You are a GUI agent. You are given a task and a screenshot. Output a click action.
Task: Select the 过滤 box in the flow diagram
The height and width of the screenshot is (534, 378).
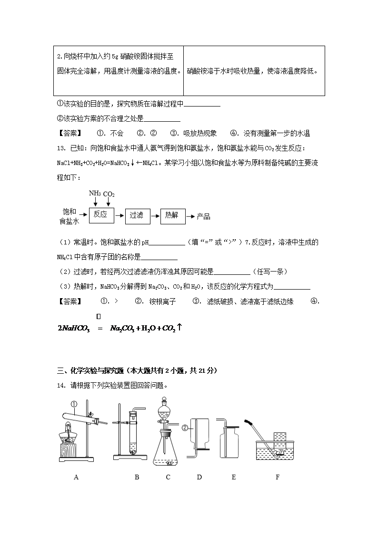coord(138,215)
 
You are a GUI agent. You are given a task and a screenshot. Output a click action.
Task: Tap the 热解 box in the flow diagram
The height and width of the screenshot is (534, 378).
coord(173,215)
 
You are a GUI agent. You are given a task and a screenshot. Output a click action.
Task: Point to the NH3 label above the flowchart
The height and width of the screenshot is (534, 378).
coord(95,194)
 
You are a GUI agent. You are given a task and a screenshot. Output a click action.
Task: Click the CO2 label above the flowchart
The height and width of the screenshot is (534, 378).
coord(109,194)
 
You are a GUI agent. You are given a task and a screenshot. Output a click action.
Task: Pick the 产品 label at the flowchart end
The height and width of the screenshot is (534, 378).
coord(203,217)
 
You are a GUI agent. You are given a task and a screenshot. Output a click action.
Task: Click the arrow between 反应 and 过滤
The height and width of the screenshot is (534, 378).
coord(119,215)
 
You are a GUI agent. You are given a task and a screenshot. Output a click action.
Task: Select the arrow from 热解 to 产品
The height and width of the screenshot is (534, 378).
coord(191,216)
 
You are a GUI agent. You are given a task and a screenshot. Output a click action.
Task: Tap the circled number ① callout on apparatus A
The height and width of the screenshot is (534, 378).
coord(74,404)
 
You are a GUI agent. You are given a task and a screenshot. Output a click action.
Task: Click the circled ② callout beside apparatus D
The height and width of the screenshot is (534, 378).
coord(185,428)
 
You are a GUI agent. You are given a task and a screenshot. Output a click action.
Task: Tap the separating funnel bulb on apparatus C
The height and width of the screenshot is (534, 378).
coord(165,412)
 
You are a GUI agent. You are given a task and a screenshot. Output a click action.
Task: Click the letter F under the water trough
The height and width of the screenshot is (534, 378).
coord(278,477)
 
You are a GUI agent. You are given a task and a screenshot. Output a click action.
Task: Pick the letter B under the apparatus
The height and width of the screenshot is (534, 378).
coord(137,477)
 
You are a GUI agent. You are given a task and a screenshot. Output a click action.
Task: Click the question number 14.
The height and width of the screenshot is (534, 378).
coord(61,386)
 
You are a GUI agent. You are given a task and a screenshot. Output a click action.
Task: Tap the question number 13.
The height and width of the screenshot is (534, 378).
coord(61,148)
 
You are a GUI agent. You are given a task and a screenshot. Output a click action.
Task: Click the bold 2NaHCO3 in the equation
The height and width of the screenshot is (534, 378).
coord(74,329)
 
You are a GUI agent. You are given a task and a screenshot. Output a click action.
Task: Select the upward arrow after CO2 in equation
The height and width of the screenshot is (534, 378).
coord(179,327)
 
